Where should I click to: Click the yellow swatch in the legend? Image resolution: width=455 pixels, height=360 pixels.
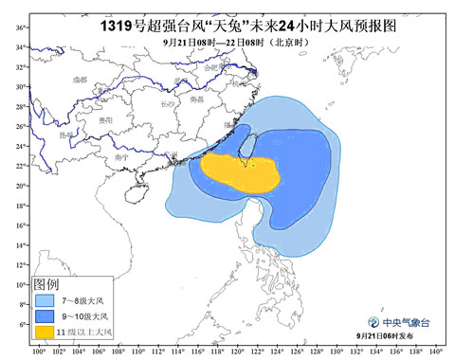click(45, 332)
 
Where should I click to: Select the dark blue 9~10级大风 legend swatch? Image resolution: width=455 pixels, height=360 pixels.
click(45, 315)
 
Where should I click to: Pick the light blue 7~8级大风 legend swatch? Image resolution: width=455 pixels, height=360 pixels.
click(45, 298)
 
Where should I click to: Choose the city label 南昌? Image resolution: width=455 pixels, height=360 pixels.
click(196, 99)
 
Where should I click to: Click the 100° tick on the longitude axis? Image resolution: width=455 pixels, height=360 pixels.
click(38, 351)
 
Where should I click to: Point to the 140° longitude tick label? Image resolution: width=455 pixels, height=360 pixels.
click(434, 351)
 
